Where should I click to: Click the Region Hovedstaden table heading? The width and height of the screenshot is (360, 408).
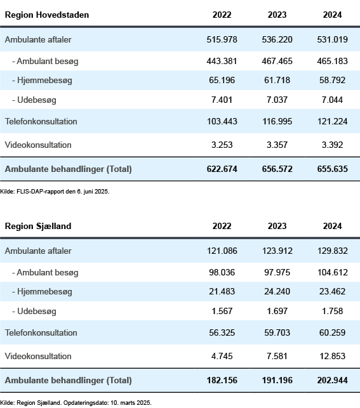pos(47,15)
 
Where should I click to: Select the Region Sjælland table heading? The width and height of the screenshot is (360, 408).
pos(38,226)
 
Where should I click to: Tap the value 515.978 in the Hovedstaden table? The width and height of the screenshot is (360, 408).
pos(222,39)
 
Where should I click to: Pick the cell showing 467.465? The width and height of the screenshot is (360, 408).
pos(277,61)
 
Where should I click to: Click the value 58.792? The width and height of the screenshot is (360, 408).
pos(333,80)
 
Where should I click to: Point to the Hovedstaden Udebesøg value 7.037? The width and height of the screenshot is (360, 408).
pos(277,100)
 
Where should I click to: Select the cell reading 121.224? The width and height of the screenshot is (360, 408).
pos(333,122)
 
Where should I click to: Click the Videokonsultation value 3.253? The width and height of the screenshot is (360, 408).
pos(222,145)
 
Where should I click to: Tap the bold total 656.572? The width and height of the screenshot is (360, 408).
pos(277,169)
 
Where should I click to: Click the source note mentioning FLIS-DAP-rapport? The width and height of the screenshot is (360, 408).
pos(55,192)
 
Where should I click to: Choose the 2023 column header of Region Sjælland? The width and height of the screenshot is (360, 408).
pos(277,226)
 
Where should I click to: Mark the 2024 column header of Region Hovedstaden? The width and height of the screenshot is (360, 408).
pos(333,15)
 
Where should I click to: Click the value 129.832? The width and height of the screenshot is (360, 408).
pos(333,251)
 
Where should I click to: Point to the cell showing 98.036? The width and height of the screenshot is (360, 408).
pos(222,272)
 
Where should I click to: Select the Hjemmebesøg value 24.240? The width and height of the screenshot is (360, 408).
pos(277,291)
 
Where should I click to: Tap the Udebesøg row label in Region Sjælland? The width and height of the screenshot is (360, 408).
pos(34,311)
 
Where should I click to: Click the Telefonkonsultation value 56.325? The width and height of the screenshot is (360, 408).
pos(222,332)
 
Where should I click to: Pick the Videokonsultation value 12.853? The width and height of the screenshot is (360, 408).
pos(333,356)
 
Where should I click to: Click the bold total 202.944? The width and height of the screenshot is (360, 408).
pos(333,381)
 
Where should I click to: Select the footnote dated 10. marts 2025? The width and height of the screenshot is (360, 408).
pos(76,403)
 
